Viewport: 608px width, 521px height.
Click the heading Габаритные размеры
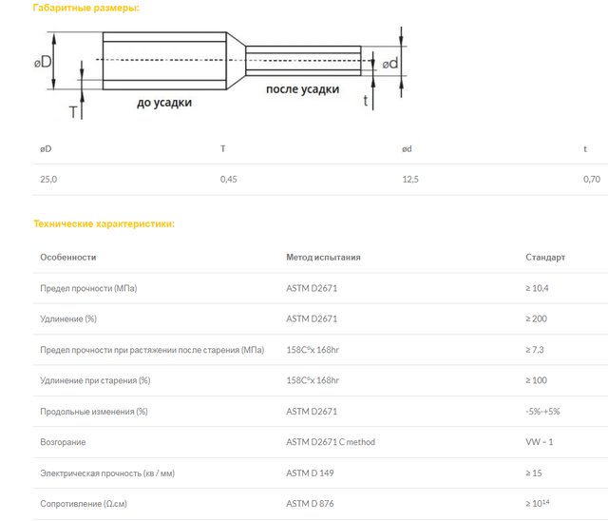coord(85,8)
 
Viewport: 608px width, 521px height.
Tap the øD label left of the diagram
coord(43,62)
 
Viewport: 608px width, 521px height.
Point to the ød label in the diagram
coord(390,64)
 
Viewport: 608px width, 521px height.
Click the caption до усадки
coord(164,103)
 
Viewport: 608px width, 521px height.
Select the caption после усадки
coord(302,89)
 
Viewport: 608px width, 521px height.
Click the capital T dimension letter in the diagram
coord(73,112)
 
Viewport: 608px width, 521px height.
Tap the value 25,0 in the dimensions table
coord(48,180)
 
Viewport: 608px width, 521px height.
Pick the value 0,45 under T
coord(228,180)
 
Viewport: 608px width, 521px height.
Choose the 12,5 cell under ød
coord(410,180)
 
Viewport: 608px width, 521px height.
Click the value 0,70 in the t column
coord(592,180)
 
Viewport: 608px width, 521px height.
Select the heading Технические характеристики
coord(104,223)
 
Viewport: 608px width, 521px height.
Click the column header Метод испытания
coord(323,258)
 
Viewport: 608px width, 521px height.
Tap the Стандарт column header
coord(545,258)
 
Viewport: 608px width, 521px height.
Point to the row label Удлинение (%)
coord(68,318)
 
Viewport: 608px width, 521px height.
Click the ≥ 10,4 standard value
coord(537,288)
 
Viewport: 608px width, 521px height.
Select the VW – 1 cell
coord(540,442)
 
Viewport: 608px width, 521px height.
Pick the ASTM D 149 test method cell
coord(310,473)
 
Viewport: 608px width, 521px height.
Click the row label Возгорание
coord(63,442)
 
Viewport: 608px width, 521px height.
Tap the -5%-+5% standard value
coord(542,412)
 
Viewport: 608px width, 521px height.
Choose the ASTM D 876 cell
coord(310,504)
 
